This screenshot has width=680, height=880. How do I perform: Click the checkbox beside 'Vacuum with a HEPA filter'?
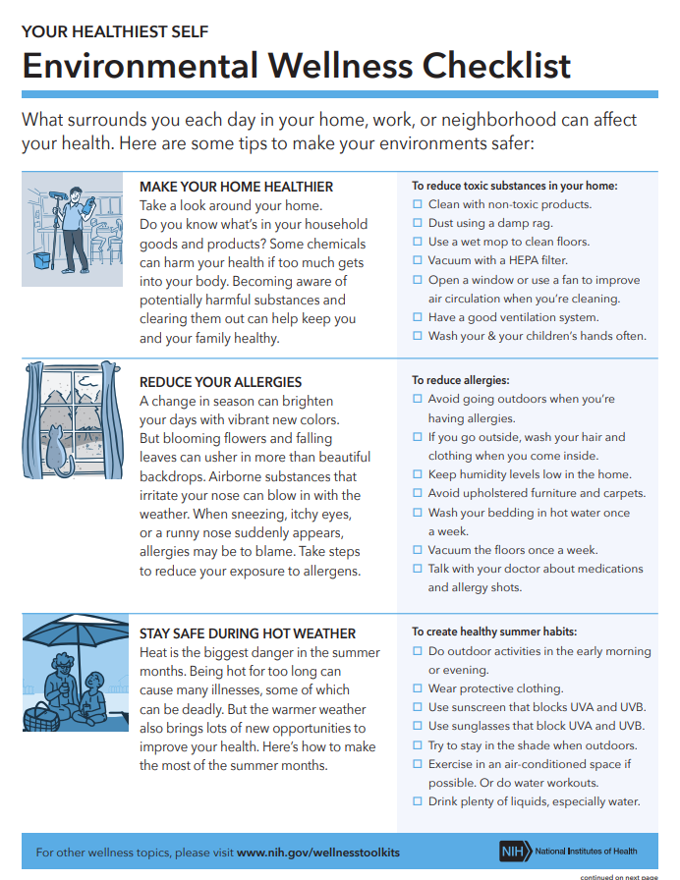(418, 261)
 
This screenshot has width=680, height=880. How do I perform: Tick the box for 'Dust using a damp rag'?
(418, 224)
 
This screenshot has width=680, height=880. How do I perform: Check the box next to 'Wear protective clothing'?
(418, 689)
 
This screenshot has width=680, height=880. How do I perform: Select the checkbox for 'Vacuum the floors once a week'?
(418, 551)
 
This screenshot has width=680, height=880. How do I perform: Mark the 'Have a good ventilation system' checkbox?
(418, 318)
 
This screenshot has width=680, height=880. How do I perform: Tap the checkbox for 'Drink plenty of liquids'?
(418, 802)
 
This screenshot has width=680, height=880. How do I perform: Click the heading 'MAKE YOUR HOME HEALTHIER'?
(236, 187)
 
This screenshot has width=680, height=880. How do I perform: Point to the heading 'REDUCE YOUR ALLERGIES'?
(220, 382)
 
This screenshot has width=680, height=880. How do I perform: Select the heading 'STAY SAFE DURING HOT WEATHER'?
(248, 634)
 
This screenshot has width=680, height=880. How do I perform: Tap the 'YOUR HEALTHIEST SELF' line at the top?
(115, 31)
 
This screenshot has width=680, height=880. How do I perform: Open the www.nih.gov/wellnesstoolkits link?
(318, 852)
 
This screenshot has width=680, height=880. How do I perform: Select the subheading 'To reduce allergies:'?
(461, 380)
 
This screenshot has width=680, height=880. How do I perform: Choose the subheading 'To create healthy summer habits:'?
(494, 632)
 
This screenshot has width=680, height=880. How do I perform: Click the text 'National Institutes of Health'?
(587, 851)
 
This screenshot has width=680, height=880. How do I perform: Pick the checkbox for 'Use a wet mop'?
(418, 243)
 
